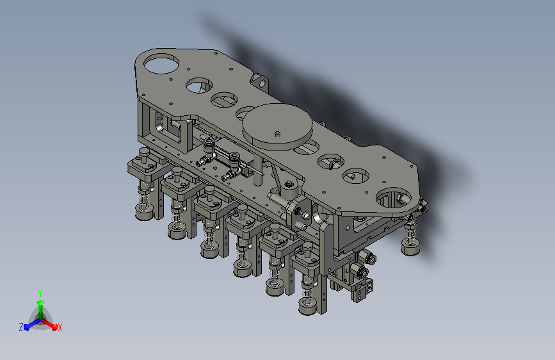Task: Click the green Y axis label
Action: pyautogui.click(x=40, y=293)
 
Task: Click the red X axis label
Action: pyautogui.click(x=60, y=327)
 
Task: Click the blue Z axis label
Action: pyautogui.click(x=21, y=327)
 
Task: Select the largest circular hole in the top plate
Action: pyautogui.click(x=161, y=63)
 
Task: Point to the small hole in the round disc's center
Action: pyautogui.click(x=278, y=134)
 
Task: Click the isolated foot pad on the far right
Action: pyautogui.click(x=410, y=247)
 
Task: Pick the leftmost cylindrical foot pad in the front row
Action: pyautogui.click(x=144, y=211)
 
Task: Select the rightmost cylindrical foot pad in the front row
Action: pyautogui.click(x=307, y=307)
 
